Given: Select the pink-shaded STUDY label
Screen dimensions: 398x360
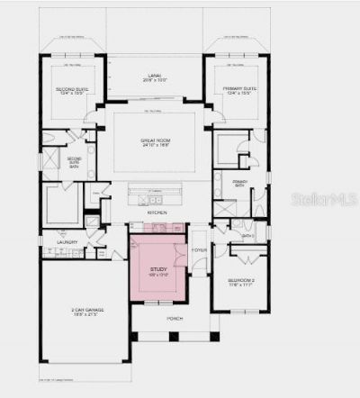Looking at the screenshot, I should point(159,268).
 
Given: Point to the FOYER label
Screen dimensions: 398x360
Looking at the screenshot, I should point(199,251).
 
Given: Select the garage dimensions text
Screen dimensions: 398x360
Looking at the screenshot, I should point(87,316).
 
